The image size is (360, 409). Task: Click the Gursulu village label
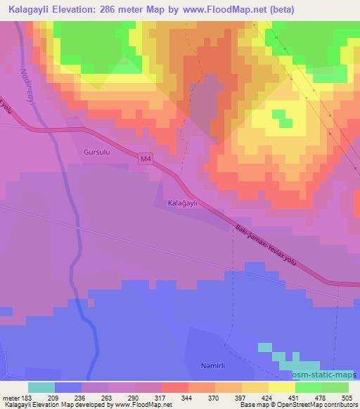(96, 151)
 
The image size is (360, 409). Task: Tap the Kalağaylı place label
(186, 202)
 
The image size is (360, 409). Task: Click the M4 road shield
(144, 160)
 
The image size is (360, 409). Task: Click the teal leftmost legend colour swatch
(41, 387)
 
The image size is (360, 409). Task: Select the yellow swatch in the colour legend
(256, 387)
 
